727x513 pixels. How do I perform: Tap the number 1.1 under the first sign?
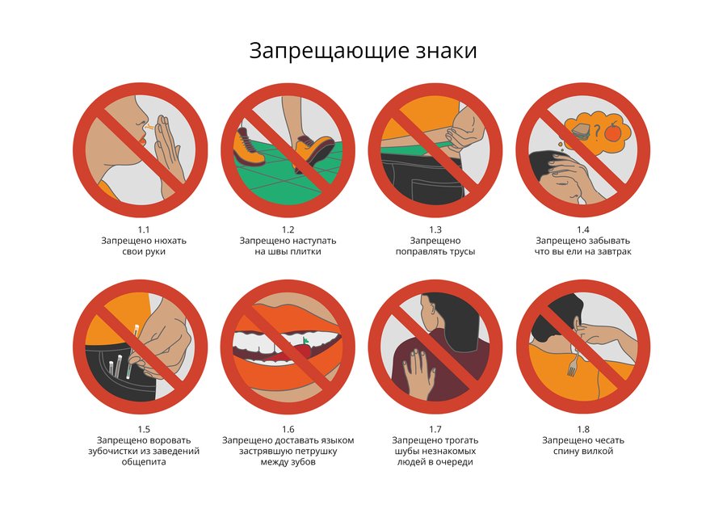click(x=144, y=229)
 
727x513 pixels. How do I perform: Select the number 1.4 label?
click(x=582, y=229)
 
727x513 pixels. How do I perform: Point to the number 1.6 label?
click(x=288, y=429)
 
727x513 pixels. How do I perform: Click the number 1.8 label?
click(x=582, y=429)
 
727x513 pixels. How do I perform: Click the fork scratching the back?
click(x=574, y=362)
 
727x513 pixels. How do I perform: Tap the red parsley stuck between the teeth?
click(x=302, y=348)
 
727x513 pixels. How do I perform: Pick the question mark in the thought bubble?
click(x=597, y=132)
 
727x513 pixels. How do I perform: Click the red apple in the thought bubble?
click(x=613, y=130)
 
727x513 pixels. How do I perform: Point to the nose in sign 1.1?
click(x=140, y=121)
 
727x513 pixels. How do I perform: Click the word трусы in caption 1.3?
click(x=462, y=251)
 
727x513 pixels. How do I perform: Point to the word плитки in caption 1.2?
click(x=305, y=251)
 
